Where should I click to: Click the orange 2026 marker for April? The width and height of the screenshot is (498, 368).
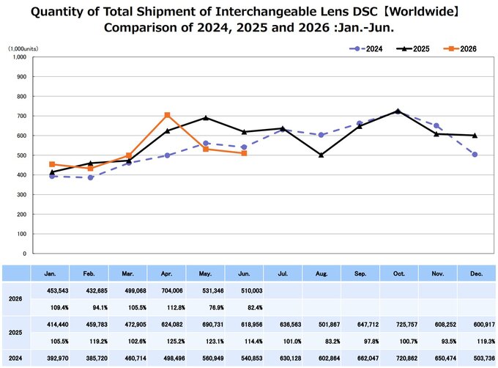click(168, 115)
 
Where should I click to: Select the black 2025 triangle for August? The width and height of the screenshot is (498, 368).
click(321, 155)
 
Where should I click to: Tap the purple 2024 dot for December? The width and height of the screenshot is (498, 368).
click(475, 155)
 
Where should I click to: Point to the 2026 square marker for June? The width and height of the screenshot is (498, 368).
click(244, 153)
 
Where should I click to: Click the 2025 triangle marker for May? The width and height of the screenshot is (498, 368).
click(206, 118)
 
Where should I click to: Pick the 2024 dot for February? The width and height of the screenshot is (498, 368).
click(91, 177)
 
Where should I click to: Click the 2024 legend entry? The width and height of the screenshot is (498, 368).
click(365, 49)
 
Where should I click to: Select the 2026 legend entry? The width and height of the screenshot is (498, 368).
click(460, 49)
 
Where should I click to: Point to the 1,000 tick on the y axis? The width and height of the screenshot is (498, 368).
click(20, 57)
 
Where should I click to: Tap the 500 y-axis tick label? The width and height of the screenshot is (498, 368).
click(22, 155)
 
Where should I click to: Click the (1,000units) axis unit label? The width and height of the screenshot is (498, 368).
click(23, 48)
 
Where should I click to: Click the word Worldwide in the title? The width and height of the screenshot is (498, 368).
click(421, 12)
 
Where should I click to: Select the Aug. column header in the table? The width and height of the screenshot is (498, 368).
click(322, 273)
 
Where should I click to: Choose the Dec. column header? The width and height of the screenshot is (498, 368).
click(477, 273)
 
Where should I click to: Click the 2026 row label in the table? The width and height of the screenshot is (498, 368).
click(15, 298)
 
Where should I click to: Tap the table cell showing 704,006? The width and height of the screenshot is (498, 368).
click(172, 290)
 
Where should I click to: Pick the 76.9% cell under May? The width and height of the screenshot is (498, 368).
click(216, 308)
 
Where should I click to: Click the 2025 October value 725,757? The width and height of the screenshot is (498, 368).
click(406, 325)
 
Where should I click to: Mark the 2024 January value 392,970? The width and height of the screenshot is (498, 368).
click(57, 358)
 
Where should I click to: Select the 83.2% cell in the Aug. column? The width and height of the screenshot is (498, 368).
click(332, 342)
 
